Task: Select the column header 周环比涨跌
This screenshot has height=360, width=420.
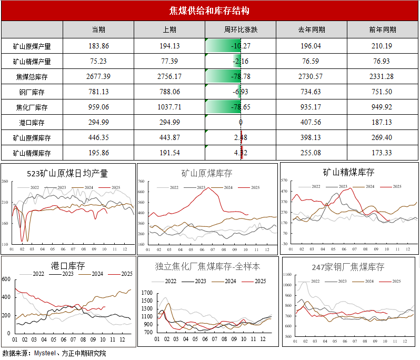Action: pyautogui.click(x=241, y=29)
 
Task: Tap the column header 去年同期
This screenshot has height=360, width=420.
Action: pyautogui.click(x=311, y=29)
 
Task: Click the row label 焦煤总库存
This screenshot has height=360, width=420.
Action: pyautogui.click(x=32, y=77)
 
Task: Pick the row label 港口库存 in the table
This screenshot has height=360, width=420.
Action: pyautogui.click(x=32, y=123)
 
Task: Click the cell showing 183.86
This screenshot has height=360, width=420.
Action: pyautogui.click(x=98, y=46)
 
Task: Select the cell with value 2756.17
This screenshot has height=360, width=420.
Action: pyautogui.click(x=170, y=77)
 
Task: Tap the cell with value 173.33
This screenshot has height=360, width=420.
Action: pyautogui.click(x=383, y=153)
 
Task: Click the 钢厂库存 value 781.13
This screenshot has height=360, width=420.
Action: pyautogui.click(x=98, y=92)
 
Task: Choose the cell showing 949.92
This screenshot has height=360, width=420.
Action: pyautogui.click(x=383, y=107)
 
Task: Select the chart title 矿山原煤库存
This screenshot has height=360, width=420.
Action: pyautogui.click(x=207, y=173)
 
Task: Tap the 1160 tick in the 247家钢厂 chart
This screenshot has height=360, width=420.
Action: pyautogui.click(x=287, y=275)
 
